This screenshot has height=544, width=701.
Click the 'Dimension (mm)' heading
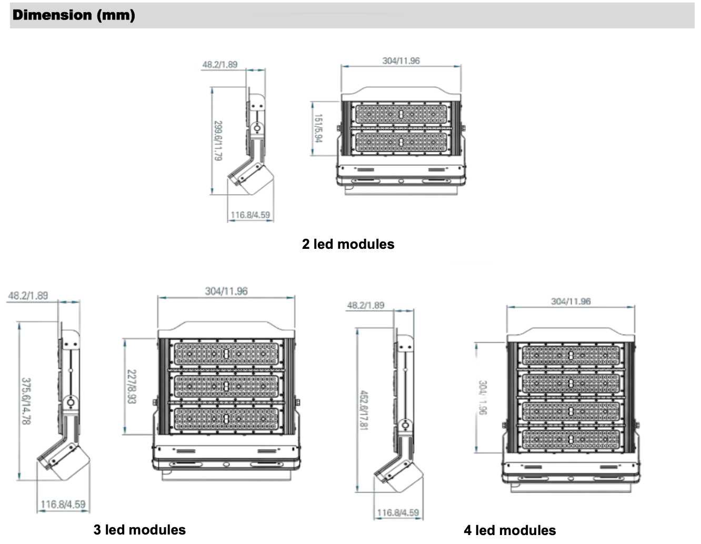coord(74,15)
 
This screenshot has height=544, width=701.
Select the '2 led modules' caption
coord(348,244)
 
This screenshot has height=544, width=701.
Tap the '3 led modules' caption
coord(139,530)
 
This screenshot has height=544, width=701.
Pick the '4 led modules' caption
coord(509,530)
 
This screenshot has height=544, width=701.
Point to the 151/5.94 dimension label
coord(318,128)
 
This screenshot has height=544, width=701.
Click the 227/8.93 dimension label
coord(132,387)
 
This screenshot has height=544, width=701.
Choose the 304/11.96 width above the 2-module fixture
coord(401,61)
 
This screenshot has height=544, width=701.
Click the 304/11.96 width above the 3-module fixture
coord(226,291)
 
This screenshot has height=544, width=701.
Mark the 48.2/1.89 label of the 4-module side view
coord(365,305)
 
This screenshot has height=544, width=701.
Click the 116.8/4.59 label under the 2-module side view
coord(250,215)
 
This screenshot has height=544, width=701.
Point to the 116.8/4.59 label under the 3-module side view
coord(63,504)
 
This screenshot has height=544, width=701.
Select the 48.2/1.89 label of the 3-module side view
coord(28,296)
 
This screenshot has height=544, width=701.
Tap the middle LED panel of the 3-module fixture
coord(226,387)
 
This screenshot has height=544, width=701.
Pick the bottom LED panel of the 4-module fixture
coord(571,439)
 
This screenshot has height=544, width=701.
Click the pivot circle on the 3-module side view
coord(70,404)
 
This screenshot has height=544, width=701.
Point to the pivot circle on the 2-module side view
coord(257,128)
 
